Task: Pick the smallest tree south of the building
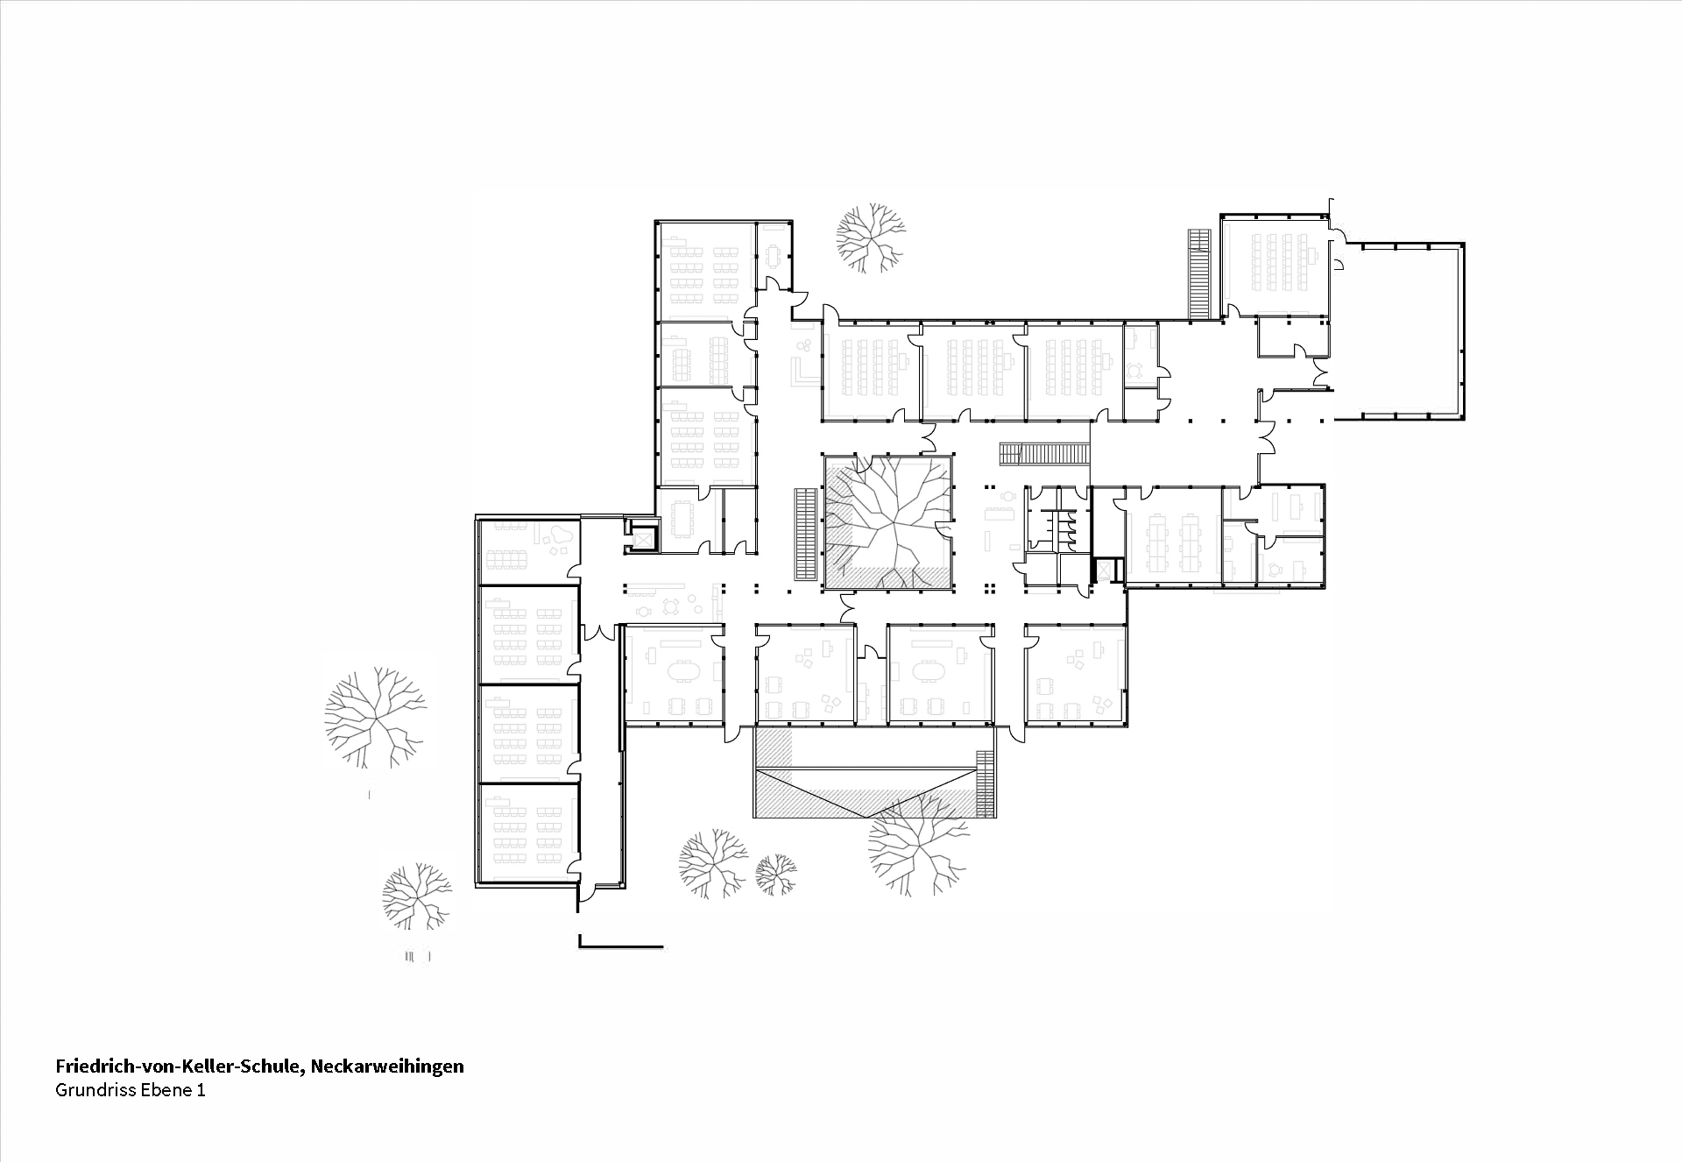pyautogui.click(x=776, y=874)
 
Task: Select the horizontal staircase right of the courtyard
pyautogui.click(x=1044, y=454)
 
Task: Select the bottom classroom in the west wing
pyautogui.click(x=527, y=833)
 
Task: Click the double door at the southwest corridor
pyautogui.click(x=601, y=631)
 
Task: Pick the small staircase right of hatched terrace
pyautogui.click(x=986, y=783)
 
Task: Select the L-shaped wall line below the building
pyautogui.click(x=613, y=945)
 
